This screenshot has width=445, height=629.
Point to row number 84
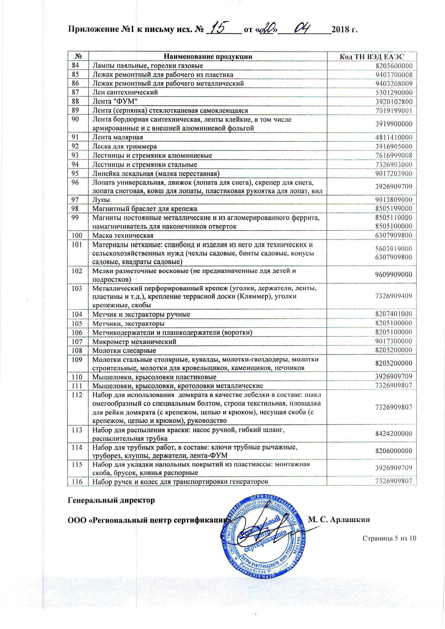tap(75, 65)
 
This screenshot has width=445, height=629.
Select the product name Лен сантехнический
tap(125, 92)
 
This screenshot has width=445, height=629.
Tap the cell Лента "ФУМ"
tap(115, 101)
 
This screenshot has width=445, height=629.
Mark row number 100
tap(77, 235)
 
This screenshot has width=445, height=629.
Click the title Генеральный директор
tap(111, 500)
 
